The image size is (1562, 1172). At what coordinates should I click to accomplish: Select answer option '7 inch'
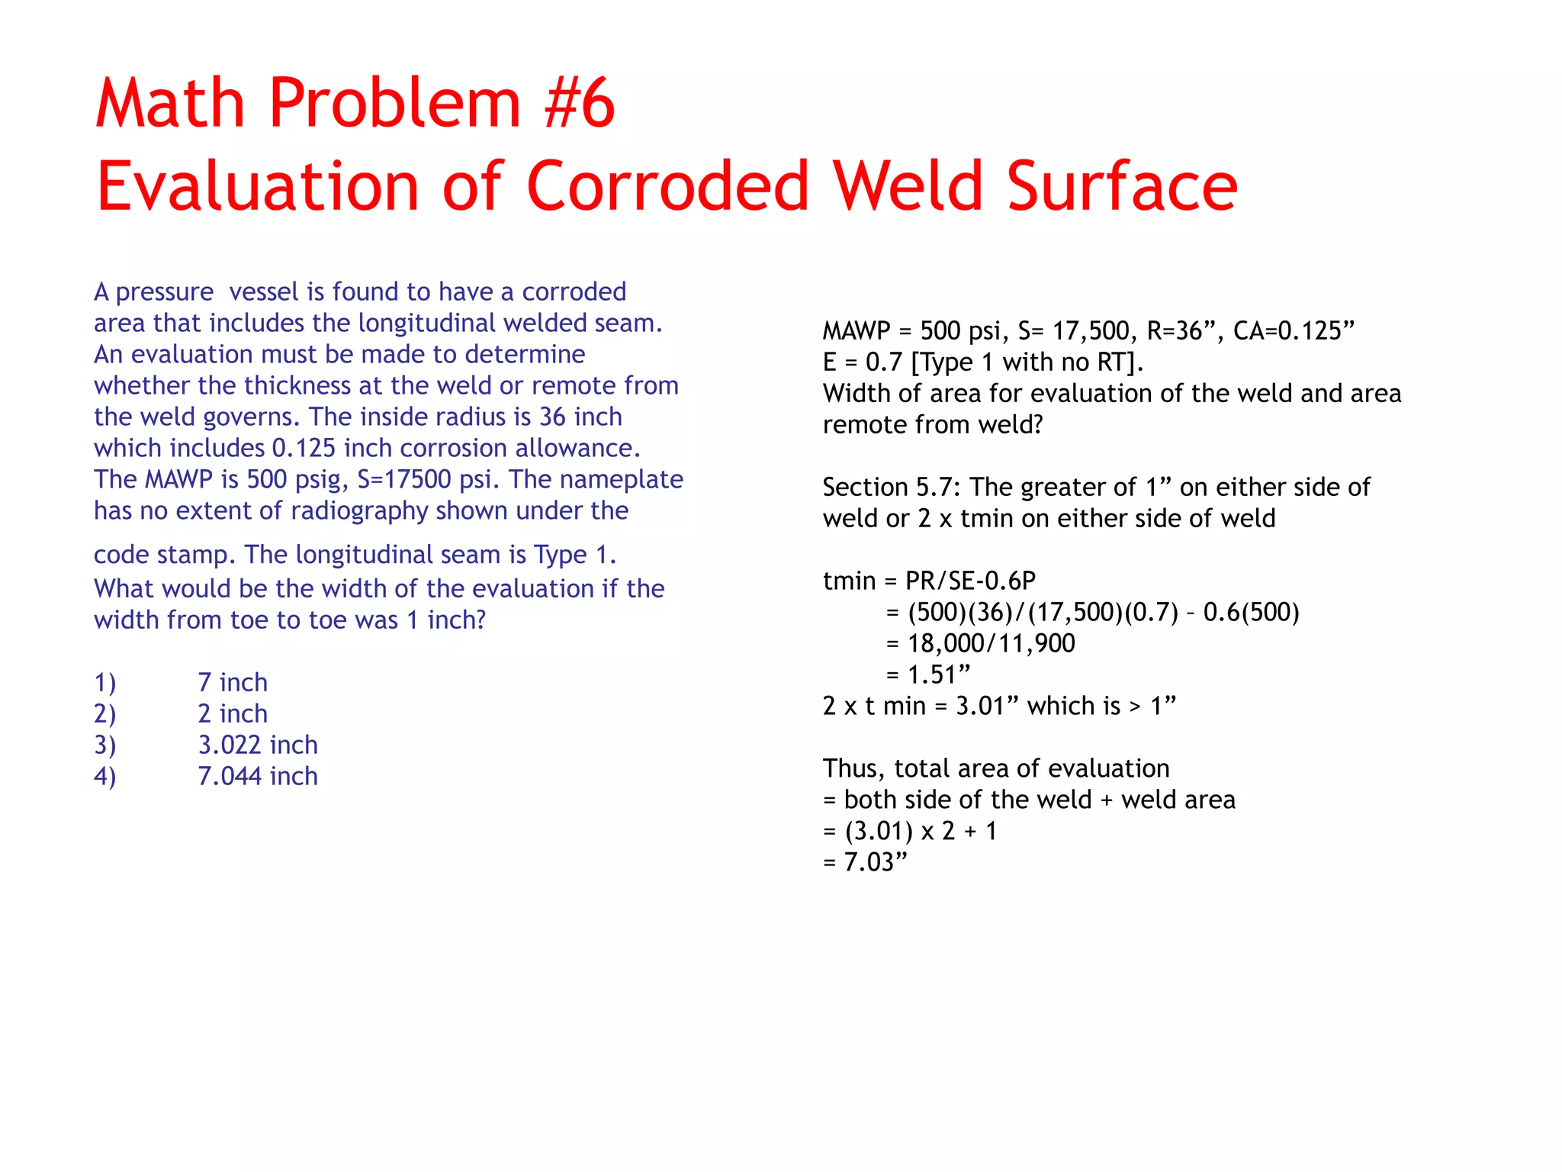pos(233,682)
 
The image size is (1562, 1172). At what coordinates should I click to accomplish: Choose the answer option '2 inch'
pos(233,713)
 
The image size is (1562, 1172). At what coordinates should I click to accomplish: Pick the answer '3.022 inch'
pos(258,745)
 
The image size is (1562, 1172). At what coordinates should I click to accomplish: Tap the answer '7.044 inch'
pos(258,776)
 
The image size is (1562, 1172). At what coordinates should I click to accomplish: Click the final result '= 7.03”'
pos(866,862)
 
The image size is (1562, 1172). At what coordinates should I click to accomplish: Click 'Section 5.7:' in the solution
pos(888,488)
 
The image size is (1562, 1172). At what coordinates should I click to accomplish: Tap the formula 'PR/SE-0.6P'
pos(970,581)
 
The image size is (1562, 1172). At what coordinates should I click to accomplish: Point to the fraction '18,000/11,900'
pos(991,644)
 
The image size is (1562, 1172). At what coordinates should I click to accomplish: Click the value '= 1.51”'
pos(928,675)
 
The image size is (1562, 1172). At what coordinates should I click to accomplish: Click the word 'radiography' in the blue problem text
pos(362,510)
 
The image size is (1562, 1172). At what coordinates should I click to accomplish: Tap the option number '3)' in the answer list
pos(105,745)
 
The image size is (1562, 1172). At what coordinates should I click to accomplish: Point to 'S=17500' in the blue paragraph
pos(404,479)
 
